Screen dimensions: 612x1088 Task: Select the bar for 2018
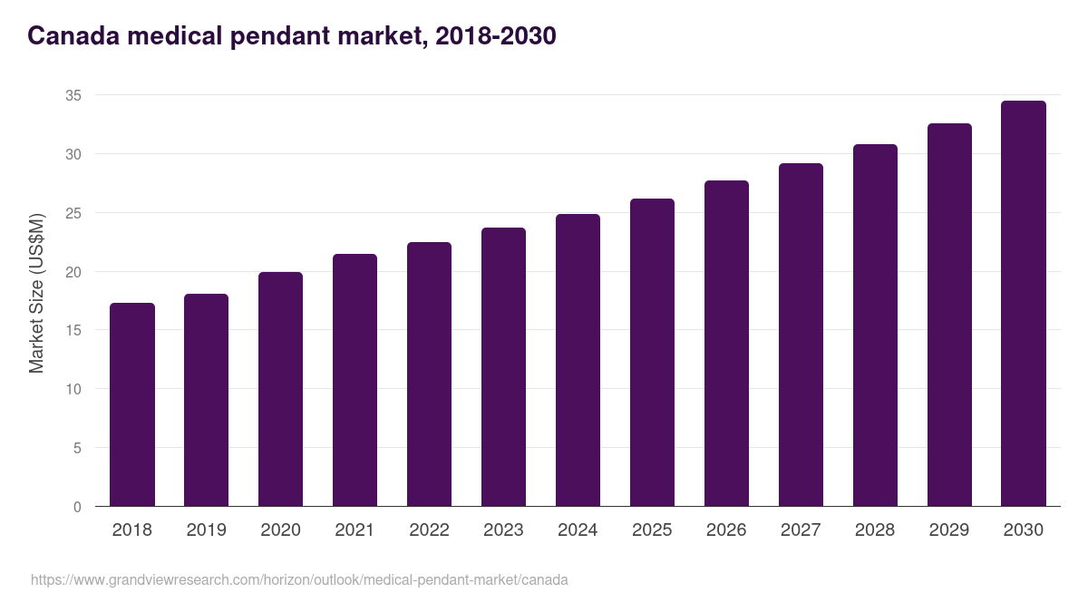point(132,404)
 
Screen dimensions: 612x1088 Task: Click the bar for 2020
point(281,389)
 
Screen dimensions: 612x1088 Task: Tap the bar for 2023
point(503,367)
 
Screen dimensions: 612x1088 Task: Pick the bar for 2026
point(726,344)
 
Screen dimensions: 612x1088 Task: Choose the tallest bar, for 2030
point(1024,304)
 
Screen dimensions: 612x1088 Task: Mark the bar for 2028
point(875,325)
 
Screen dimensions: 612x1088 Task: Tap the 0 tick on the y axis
point(77,507)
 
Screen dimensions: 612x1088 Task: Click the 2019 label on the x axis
point(207,530)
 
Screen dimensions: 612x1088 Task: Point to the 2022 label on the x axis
point(429,530)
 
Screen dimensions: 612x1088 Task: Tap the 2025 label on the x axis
point(652,530)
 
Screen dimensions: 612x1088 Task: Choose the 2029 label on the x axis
point(949,530)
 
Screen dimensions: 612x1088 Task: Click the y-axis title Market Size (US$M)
point(36,293)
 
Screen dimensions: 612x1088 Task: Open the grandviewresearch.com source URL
point(299,579)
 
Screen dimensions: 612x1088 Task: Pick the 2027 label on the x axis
point(801,530)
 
